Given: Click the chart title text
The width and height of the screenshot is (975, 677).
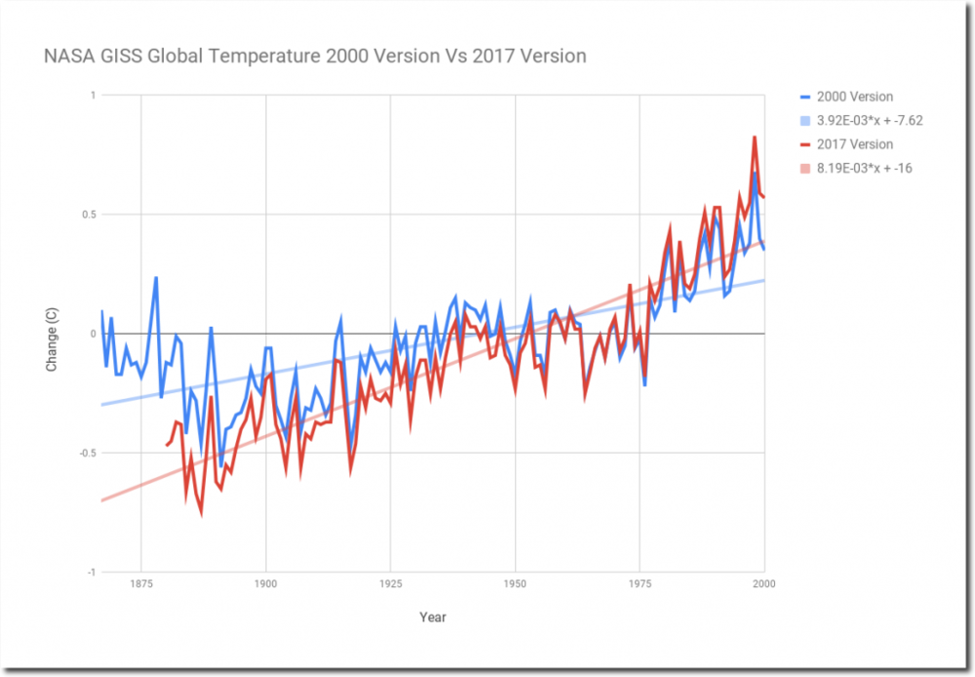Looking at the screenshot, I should point(315,56).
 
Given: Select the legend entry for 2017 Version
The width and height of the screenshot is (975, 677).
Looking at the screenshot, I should point(856,144).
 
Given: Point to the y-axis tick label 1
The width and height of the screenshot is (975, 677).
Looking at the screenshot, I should point(93,96).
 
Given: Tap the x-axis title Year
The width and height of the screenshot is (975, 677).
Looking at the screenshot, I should point(433,617).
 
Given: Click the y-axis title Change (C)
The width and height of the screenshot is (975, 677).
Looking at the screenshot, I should point(52,334).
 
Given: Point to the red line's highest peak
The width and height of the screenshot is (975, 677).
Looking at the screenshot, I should point(755,138).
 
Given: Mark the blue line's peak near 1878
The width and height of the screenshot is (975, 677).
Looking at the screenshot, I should point(156,278).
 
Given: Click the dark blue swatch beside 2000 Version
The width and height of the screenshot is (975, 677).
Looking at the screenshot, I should point(804,97).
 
